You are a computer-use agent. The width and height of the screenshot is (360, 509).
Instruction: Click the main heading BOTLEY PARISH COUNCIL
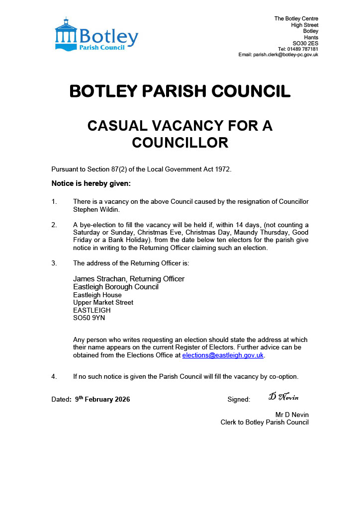pos(180,91)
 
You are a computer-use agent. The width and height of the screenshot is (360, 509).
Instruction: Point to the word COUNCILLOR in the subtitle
pos(180,143)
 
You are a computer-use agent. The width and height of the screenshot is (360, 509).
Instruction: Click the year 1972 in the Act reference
pos(222,170)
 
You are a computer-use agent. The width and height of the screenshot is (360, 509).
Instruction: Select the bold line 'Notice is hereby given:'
pos(91,183)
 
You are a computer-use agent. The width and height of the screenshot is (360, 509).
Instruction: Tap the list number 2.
pos(54,225)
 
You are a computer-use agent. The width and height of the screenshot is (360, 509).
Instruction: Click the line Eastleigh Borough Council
pos(116,287)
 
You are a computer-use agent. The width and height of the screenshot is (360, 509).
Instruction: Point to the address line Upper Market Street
pos(103,302)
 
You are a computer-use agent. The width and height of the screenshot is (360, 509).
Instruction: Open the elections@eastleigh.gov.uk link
pos(223,355)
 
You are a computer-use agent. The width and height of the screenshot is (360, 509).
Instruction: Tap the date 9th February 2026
pos(102,399)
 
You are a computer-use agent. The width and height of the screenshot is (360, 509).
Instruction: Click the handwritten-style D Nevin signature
pos(283,397)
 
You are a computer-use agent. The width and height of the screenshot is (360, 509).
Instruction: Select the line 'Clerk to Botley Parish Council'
pos(265,423)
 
